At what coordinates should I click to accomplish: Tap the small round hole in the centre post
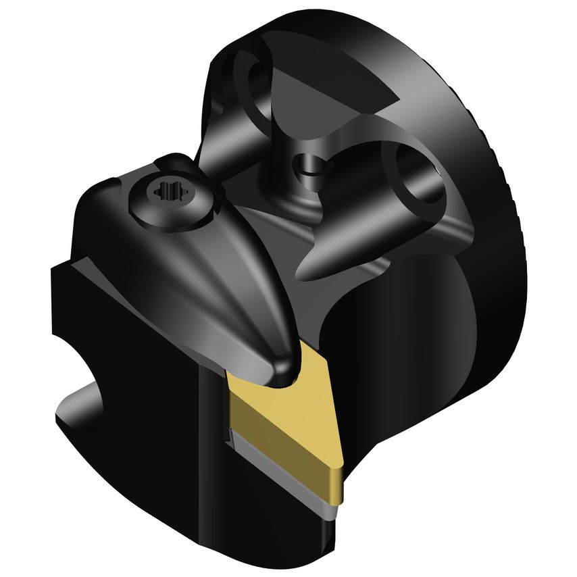click(x=308, y=164)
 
